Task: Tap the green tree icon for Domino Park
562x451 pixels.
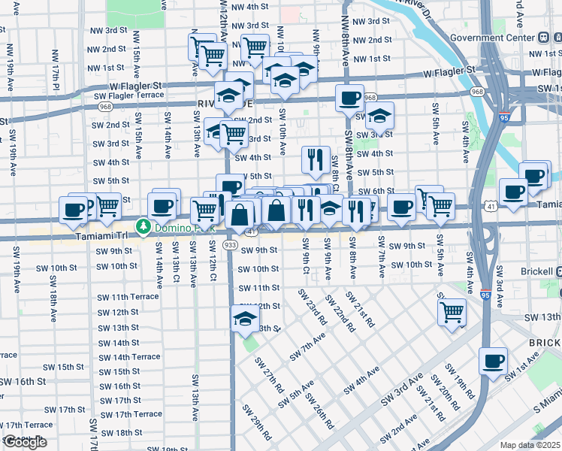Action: [142, 225]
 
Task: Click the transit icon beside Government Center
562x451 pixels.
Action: [543, 38]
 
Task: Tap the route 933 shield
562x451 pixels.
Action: [230, 245]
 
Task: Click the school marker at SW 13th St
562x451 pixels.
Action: [245, 319]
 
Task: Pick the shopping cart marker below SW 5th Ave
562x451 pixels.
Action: [452, 310]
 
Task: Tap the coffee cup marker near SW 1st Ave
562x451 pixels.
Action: [493, 361]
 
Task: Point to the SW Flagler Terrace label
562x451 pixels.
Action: [128, 95]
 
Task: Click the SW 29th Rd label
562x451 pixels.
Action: [257, 421]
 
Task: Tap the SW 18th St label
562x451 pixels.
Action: [116, 432]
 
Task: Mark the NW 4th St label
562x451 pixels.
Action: [250, 7]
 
